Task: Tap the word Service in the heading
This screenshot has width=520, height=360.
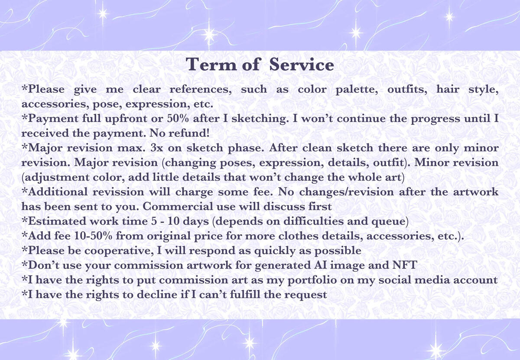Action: [302, 64]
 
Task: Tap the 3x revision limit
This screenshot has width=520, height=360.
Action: [157, 148]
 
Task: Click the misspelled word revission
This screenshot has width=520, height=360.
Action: [118, 192]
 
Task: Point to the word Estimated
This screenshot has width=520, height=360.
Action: [57, 221]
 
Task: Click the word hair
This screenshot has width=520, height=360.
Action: [448, 89]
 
